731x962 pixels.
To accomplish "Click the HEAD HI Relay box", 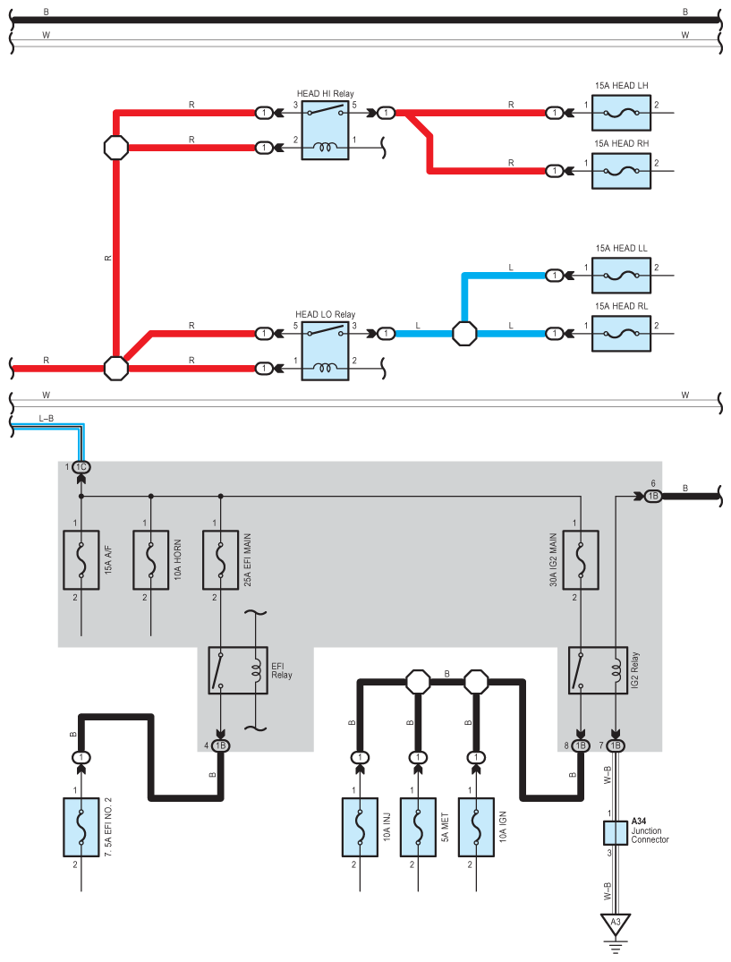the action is [x=325, y=130].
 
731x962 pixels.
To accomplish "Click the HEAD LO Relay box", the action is [x=325, y=350].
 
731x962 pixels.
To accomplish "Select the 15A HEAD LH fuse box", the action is [x=621, y=113].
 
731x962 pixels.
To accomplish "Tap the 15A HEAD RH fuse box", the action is [x=621, y=171].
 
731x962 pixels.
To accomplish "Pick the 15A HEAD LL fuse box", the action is [x=621, y=276].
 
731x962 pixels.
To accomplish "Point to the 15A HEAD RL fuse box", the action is [x=621, y=333].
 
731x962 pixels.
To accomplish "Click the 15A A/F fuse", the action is [x=81, y=560].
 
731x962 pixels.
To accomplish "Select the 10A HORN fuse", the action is [x=151, y=560].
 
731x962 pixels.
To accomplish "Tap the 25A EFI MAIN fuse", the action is [x=221, y=560].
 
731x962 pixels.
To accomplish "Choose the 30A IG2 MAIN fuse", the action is [x=581, y=560].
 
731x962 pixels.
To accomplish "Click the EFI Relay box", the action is [x=238, y=670].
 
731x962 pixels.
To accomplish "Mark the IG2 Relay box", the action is [x=598, y=670].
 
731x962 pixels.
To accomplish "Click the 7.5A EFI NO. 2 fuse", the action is [x=81, y=827].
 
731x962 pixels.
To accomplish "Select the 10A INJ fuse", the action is [x=360, y=827].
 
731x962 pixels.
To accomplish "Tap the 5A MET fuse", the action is [x=418, y=827].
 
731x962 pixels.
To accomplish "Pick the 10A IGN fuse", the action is [x=476, y=827].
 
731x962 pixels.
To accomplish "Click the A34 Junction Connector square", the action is [x=615, y=833].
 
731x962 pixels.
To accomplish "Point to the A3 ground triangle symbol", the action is [x=615, y=924].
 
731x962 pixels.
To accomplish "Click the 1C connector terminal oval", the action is [x=81, y=467].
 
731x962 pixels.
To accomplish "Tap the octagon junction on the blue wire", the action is [x=464, y=333].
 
